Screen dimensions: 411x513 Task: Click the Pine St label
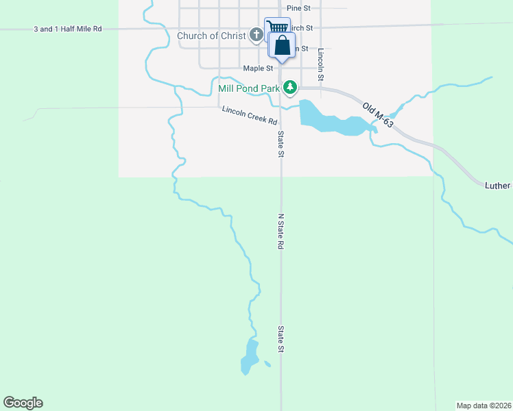[299, 8]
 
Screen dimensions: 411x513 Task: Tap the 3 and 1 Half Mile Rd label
[68, 29]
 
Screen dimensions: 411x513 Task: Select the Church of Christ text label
[211, 36]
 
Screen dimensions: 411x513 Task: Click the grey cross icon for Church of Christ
[256, 34]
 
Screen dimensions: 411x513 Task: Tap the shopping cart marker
[276, 27]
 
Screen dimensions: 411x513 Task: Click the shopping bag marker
[281, 47]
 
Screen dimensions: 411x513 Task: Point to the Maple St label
[258, 68]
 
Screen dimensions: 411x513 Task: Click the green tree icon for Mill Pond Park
[291, 88]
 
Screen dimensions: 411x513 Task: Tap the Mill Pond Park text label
[249, 88]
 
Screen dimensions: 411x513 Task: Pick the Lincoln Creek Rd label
[249, 115]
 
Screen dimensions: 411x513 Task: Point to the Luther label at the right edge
[498, 186]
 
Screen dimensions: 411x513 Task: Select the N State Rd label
[281, 231]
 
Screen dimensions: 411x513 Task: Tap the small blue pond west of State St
[249, 356]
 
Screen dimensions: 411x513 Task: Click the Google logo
[23, 403]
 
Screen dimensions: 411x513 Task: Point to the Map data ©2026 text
[484, 405]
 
